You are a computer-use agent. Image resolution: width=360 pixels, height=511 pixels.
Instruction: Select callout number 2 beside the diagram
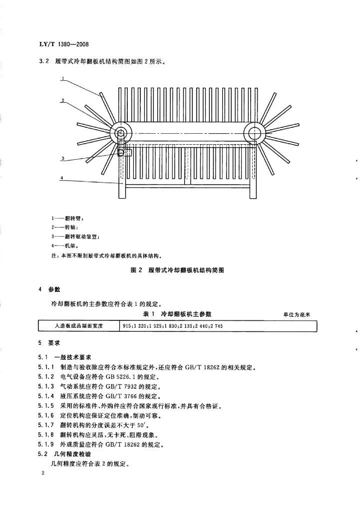63,100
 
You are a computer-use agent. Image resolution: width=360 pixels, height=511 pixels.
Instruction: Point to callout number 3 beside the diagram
63,159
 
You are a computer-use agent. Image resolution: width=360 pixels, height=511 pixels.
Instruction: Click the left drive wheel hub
121,133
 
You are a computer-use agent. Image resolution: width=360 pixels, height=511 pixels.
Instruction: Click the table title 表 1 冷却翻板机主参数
177,314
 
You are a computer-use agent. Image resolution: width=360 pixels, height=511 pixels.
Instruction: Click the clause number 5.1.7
47,424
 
